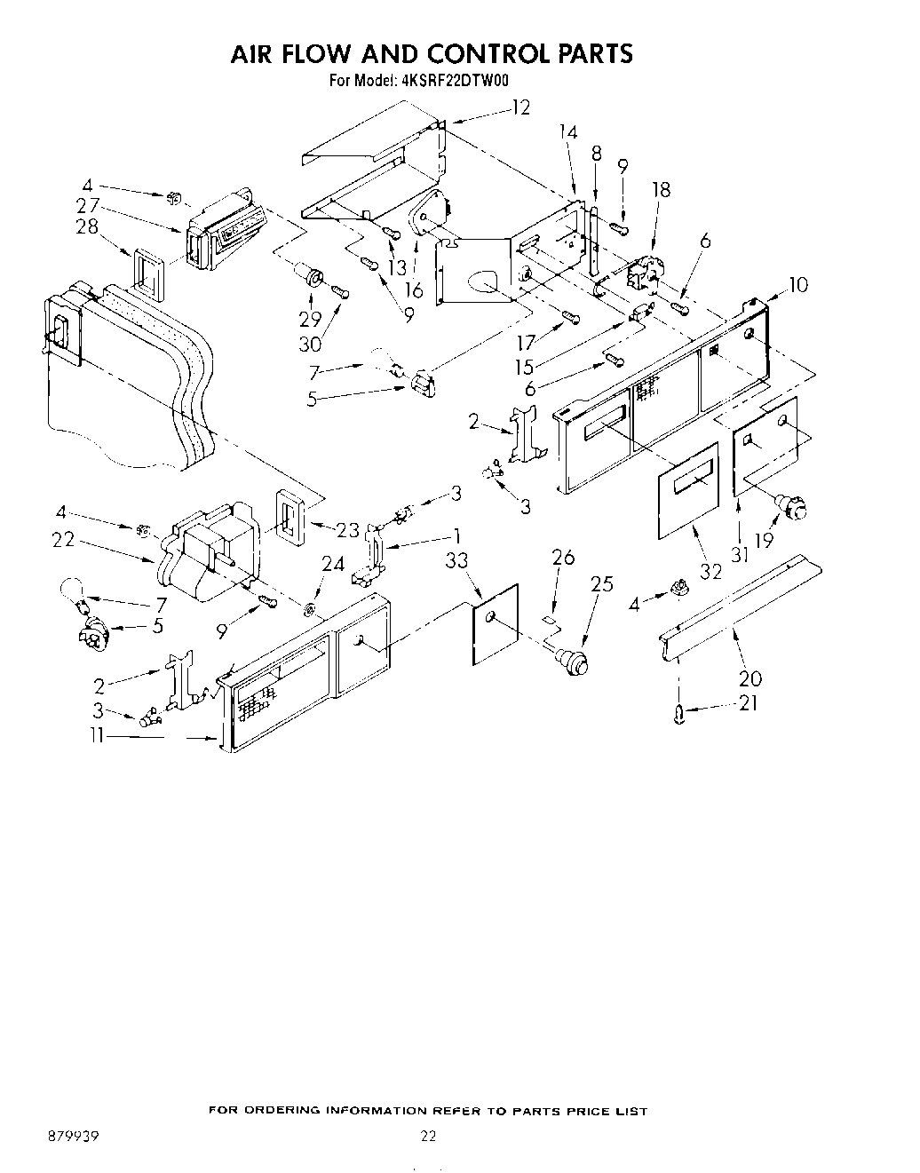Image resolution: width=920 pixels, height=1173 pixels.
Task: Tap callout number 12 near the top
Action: coord(520,108)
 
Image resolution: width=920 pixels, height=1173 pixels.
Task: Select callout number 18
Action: coord(660,189)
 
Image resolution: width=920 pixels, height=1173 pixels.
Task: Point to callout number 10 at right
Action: coord(797,286)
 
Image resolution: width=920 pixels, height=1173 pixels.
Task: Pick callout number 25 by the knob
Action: coord(601,583)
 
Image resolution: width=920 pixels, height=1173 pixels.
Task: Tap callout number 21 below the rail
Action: coord(749,707)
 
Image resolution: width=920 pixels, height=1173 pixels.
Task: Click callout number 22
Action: coord(63,539)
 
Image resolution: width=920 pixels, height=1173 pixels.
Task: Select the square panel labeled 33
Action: coord(495,625)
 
